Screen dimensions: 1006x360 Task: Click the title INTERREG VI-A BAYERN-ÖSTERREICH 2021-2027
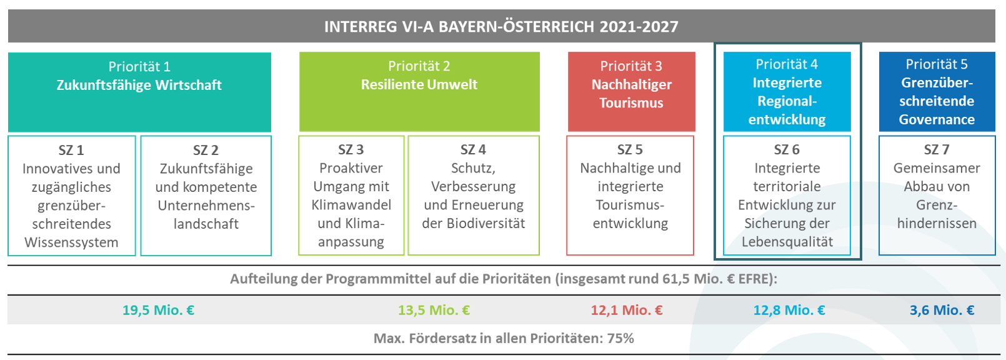coord(501,26)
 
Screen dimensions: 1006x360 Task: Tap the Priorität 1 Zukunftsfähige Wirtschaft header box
coord(140,92)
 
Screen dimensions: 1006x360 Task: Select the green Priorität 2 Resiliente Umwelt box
coord(419,92)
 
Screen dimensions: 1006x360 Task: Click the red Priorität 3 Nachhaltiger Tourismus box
coord(632,92)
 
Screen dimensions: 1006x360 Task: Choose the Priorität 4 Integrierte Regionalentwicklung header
coord(787,92)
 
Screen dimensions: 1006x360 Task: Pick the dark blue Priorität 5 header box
coord(937,92)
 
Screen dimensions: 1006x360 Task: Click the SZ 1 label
coord(71,150)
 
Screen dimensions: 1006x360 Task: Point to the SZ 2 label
coord(206,150)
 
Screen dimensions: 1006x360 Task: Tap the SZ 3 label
coord(351,149)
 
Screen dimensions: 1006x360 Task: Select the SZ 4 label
coord(474,149)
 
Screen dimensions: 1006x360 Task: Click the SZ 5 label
coord(630,149)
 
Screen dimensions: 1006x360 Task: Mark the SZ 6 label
coord(787,149)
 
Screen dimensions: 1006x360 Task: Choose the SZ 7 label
coord(937,149)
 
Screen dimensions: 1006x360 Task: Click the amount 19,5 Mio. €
coord(159,310)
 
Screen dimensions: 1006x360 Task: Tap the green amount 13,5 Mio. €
coord(434,310)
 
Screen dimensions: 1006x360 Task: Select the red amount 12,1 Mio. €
coord(627,310)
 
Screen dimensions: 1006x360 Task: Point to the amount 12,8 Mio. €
coord(789,310)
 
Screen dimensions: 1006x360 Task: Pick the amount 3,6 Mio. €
coord(942,310)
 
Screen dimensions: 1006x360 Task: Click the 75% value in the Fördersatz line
coord(620,338)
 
